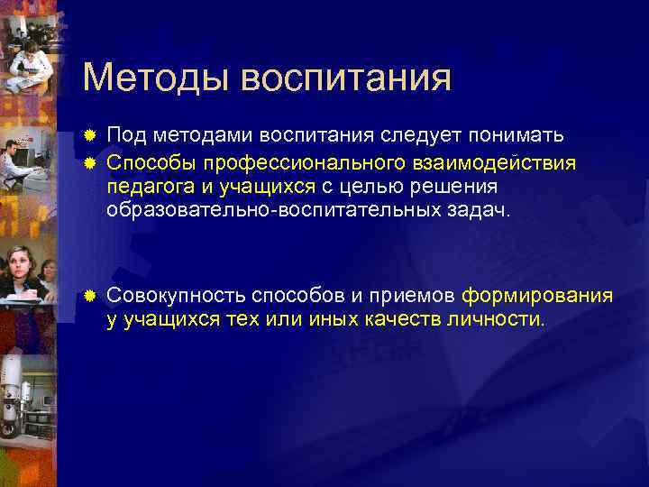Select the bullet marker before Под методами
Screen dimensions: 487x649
[89, 136]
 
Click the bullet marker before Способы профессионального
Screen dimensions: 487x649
[89, 162]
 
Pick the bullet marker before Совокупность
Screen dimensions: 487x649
[89, 297]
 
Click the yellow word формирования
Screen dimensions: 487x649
[537, 296]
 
